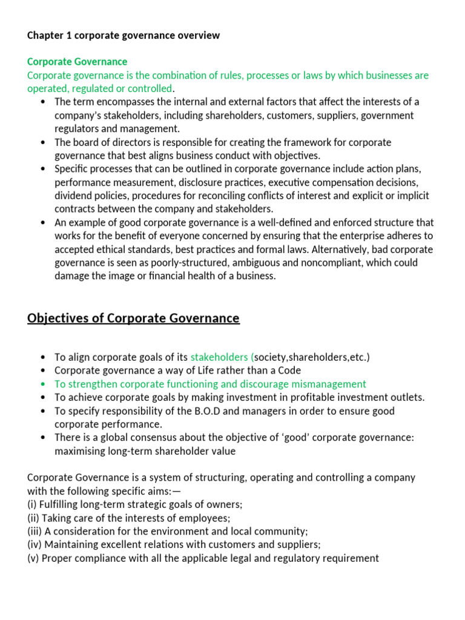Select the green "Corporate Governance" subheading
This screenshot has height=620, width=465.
point(77,62)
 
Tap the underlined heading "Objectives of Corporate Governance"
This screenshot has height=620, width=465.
point(133,318)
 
